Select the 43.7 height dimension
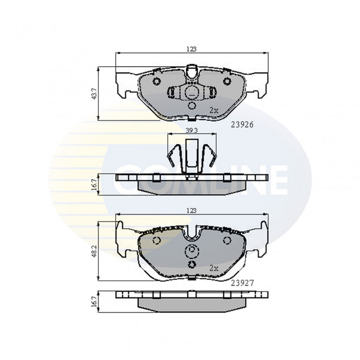(x=93, y=93)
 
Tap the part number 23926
(x=242, y=126)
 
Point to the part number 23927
(x=242, y=283)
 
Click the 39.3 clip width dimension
(x=191, y=130)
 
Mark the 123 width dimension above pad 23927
(x=192, y=210)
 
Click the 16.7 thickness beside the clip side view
(x=93, y=183)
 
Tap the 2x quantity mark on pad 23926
(x=214, y=109)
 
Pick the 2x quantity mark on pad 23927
(x=214, y=268)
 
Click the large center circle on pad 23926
(x=192, y=93)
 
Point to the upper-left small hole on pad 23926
(x=157, y=81)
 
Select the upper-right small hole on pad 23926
(x=227, y=81)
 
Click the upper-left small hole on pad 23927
(x=157, y=241)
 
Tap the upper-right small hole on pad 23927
(x=226, y=241)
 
